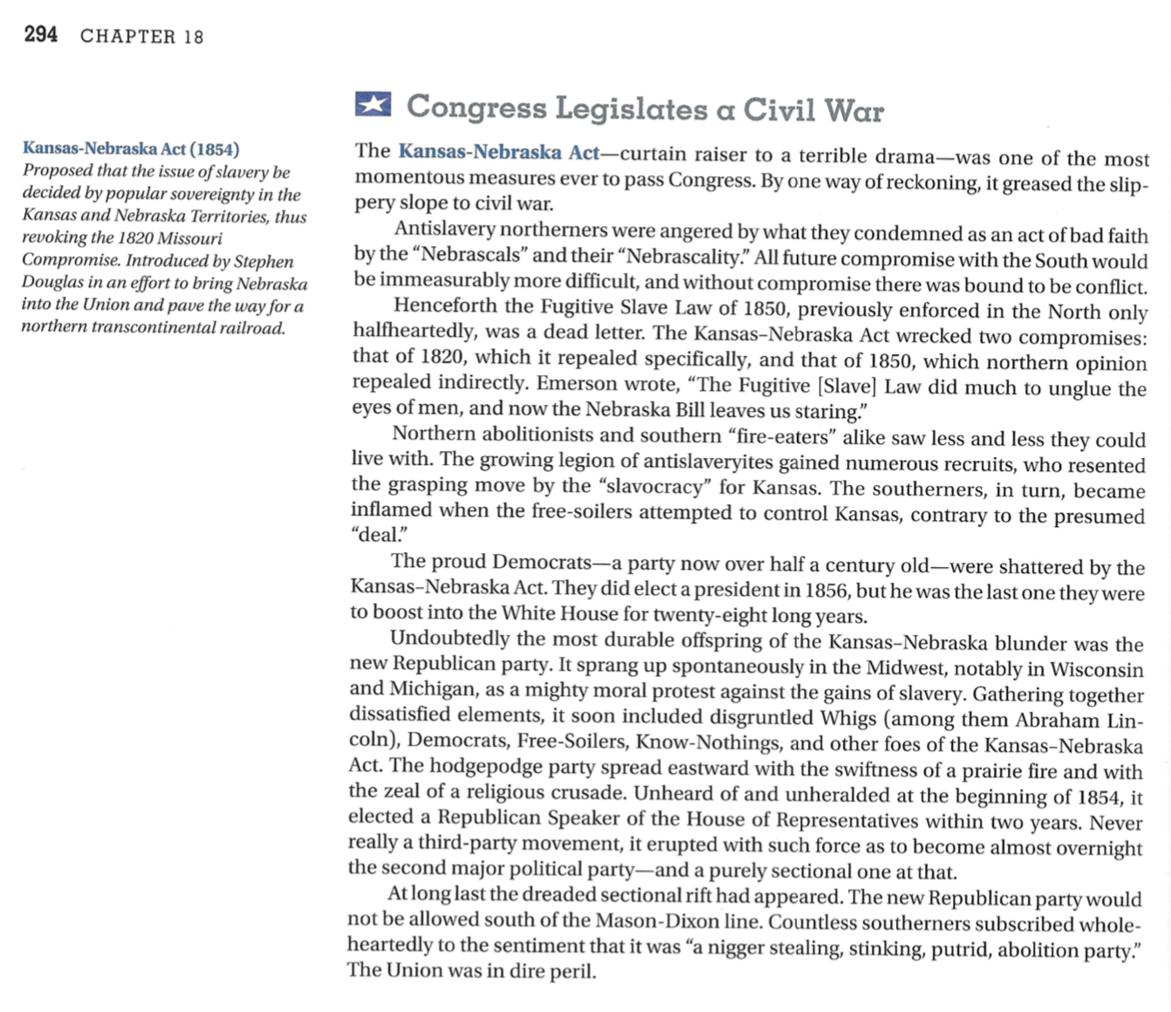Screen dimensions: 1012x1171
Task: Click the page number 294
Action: [41, 35]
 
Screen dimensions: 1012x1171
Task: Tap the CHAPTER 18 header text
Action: [141, 37]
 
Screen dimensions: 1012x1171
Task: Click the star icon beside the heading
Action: [373, 105]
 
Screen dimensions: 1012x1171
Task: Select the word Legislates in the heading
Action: [632, 109]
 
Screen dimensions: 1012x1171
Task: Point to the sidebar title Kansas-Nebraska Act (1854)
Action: [131, 148]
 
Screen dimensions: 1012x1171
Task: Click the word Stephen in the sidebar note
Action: [264, 261]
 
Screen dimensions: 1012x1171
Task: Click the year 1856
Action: [826, 591]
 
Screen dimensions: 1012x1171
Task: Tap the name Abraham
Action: [1057, 721]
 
